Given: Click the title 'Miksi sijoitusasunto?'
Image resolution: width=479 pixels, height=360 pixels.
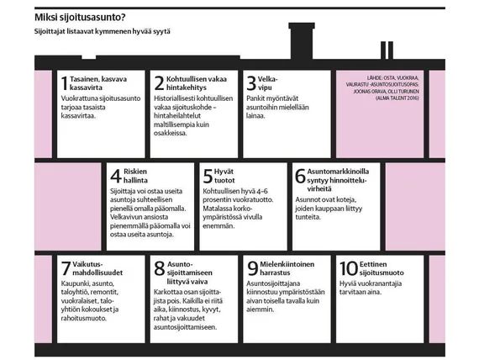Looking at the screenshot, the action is (80, 18).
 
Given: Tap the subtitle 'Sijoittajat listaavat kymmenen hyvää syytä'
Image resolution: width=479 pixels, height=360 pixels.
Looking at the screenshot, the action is (102, 31).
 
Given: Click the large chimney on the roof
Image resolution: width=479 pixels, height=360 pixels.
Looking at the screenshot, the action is (302, 40).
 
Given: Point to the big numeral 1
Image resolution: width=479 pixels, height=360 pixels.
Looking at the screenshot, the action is (64, 83).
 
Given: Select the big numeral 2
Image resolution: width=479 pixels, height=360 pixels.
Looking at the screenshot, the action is (159, 83).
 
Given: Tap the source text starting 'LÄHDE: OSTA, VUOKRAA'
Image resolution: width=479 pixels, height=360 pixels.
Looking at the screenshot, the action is (382, 88).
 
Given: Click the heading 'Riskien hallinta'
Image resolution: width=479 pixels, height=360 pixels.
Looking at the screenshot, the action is (135, 176).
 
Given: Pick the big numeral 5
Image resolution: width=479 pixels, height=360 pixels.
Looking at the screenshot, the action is (208, 176).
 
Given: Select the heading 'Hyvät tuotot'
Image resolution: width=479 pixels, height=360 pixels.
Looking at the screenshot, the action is (224, 176).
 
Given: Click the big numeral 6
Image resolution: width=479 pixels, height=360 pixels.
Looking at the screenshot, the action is (300, 176).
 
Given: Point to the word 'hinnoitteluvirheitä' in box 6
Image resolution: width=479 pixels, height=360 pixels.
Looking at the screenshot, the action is (337, 185).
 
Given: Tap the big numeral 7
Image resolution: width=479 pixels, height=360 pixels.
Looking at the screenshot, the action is (66, 269).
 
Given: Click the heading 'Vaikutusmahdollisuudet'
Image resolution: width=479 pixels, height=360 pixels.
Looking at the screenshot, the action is (97, 268).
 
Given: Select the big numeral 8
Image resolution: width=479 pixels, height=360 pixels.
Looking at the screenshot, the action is (159, 269).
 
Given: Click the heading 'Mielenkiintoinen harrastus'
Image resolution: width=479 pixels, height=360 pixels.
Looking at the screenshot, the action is (287, 268).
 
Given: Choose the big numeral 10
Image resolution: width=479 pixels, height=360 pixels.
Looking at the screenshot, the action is (349, 269).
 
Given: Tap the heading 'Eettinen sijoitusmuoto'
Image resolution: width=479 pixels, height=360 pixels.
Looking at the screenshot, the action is (382, 268).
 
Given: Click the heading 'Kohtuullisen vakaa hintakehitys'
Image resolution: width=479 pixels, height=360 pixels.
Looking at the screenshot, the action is (196, 83).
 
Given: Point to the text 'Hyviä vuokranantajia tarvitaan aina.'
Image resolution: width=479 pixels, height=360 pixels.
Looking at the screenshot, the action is (371, 288).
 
